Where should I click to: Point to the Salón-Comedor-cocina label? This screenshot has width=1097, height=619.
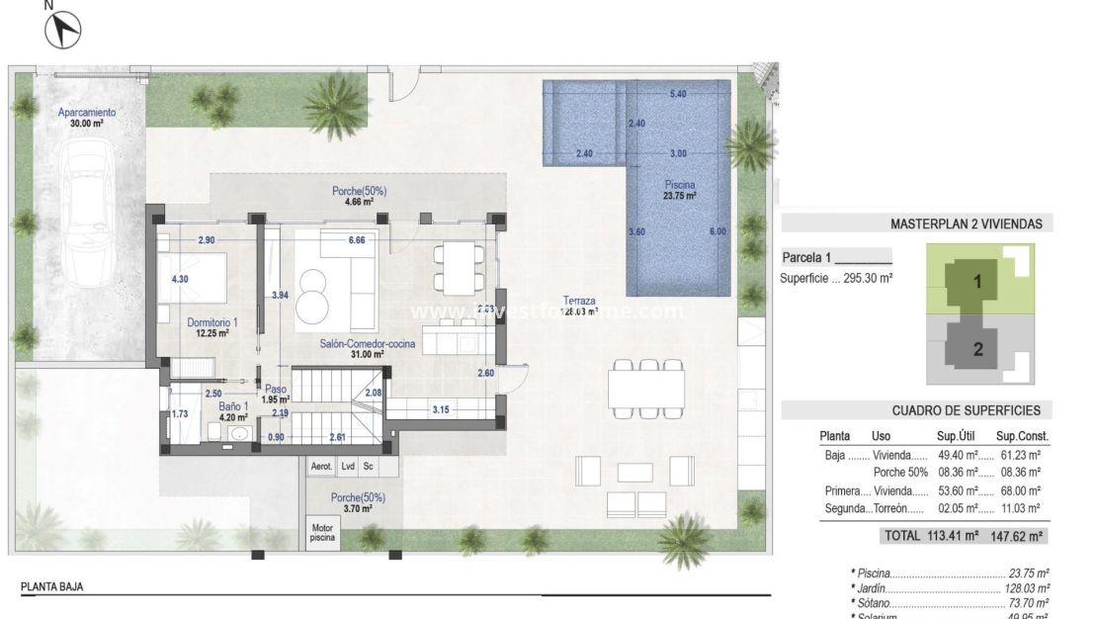point(366,344)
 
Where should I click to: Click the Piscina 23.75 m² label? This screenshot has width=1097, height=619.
point(679,190)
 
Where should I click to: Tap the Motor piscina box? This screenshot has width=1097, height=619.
point(321,535)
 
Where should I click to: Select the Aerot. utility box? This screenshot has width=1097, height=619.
point(321,466)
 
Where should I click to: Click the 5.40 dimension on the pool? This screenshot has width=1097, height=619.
point(678,94)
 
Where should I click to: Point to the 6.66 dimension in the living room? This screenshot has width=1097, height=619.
point(357,240)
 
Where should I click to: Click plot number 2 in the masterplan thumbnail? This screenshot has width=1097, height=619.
point(977,348)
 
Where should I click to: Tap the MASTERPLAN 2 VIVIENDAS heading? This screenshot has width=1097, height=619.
point(966,224)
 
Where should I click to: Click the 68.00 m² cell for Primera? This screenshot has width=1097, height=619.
point(1020,490)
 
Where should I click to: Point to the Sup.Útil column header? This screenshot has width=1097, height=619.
point(956,435)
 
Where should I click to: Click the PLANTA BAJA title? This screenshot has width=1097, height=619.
point(52,586)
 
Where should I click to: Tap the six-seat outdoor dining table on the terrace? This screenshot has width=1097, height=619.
point(647,388)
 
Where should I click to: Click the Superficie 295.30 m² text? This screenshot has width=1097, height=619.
point(836,279)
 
